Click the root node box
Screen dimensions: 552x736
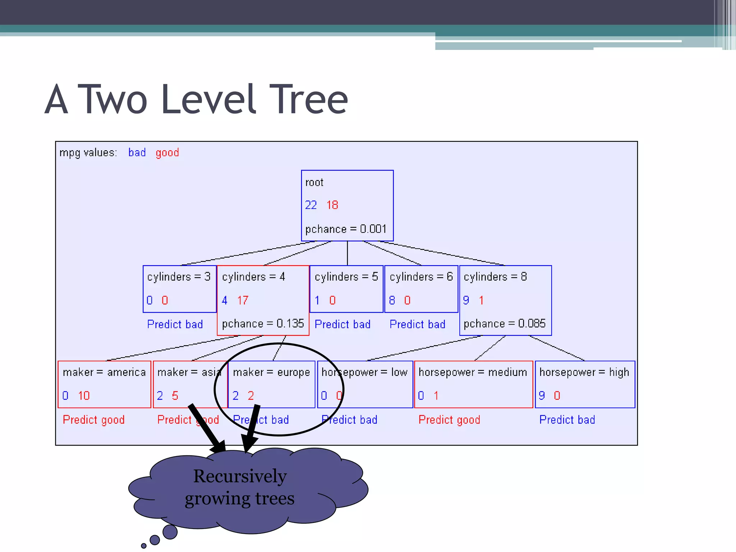point(347,205)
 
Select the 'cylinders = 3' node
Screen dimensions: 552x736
point(179,289)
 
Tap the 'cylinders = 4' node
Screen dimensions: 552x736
point(263,300)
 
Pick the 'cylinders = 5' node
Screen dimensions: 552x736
point(346,289)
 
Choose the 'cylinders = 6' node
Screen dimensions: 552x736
point(421,289)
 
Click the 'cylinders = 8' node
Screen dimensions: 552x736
point(505,300)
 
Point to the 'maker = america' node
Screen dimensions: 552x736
point(104,384)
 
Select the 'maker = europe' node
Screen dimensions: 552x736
point(272,384)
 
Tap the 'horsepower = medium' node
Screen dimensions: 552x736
point(473,384)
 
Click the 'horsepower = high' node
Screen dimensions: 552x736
point(585,384)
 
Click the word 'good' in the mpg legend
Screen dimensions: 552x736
point(167,153)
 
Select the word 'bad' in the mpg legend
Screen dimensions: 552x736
point(137,153)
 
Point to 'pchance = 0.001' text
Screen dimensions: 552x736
point(346,229)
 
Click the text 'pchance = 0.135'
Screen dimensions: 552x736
point(263,323)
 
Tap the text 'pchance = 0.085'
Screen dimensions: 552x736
point(504,323)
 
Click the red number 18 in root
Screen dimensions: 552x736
point(332,205)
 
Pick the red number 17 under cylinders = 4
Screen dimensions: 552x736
point(243,300)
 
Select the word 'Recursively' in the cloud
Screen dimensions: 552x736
point(240,476)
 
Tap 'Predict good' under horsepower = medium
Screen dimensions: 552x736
point(449,419)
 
